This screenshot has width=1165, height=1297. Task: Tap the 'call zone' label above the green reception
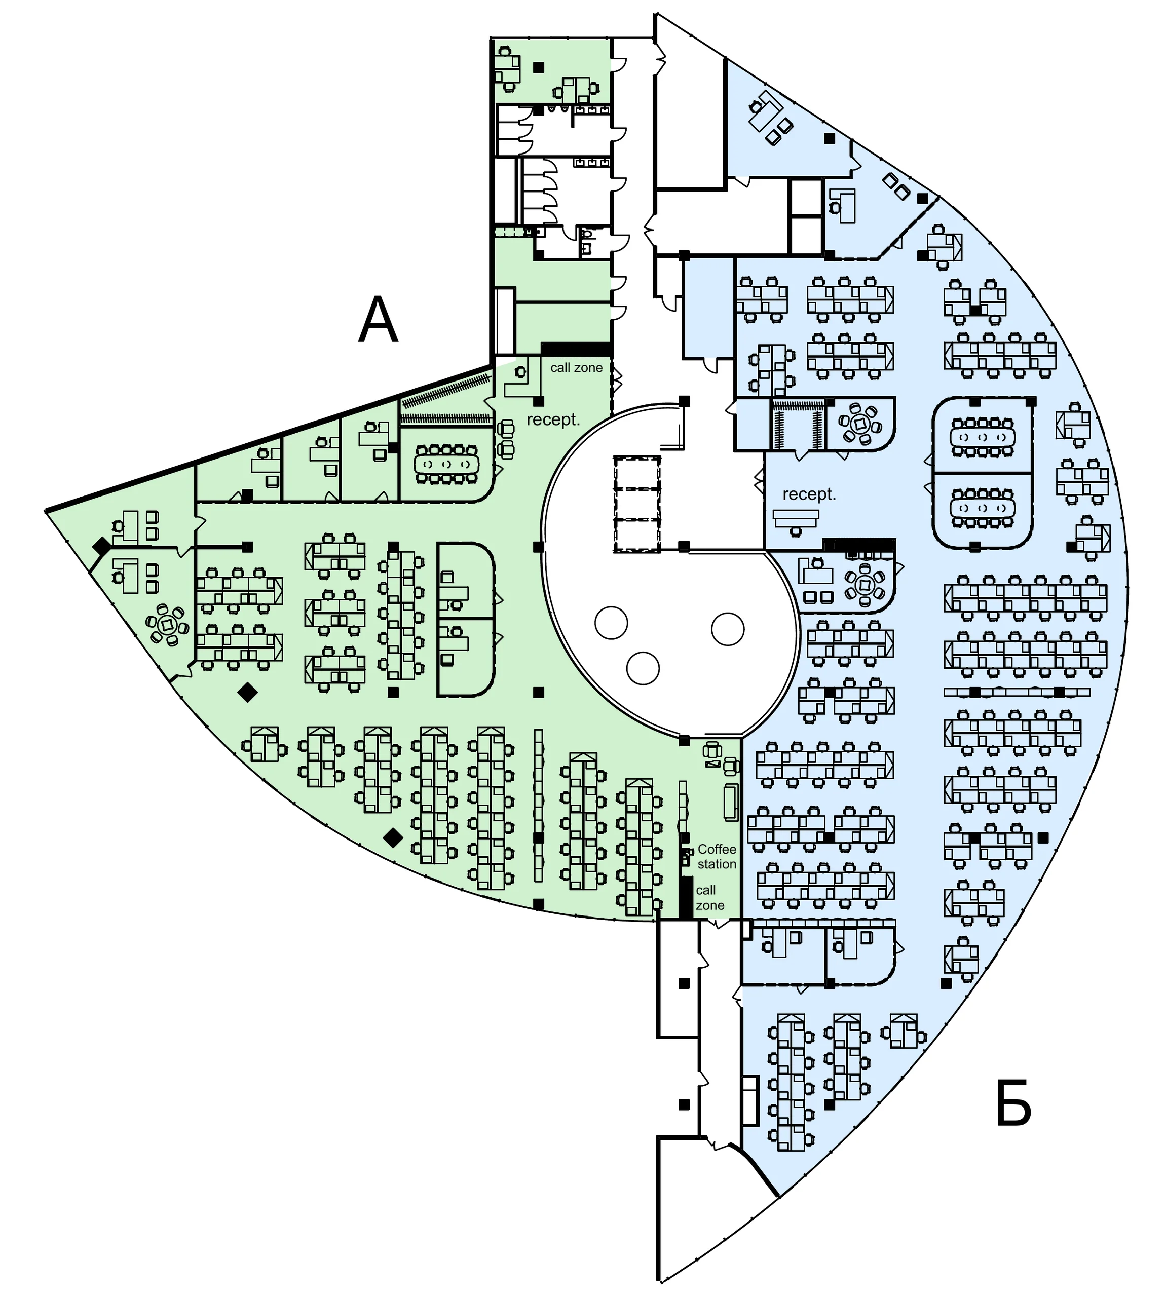576,368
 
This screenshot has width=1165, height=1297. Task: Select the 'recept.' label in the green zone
553,421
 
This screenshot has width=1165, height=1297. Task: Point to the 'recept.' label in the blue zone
809,494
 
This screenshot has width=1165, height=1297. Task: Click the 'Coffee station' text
717,857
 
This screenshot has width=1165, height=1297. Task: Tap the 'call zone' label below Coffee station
710,898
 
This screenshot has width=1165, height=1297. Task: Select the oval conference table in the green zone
447,463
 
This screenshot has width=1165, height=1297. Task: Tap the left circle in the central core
611,622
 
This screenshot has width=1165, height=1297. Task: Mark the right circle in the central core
728,628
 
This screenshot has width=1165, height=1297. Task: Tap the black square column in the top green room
539,66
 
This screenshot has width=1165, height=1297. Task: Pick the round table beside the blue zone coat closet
861,423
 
